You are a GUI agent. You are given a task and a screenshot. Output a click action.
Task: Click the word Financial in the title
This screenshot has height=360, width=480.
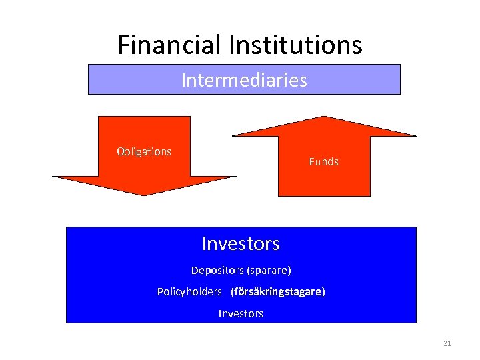(170, 45)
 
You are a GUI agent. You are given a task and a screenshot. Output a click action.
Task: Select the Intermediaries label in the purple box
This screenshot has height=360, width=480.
(244, 81)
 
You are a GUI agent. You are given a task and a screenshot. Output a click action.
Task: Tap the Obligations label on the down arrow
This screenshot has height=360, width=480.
(144, 151)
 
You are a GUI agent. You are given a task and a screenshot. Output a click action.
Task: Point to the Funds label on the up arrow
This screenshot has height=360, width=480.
(324, 161)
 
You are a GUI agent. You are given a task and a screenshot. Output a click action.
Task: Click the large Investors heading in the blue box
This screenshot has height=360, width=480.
(241, 243)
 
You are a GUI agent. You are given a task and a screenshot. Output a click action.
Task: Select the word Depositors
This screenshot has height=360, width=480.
(217, 271)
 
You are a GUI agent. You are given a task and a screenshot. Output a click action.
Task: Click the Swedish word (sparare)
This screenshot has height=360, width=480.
(269, 271)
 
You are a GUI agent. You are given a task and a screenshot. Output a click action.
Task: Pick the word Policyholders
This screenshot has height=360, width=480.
(189, 292)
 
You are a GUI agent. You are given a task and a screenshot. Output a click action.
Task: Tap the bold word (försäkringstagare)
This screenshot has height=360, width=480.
(278, 292)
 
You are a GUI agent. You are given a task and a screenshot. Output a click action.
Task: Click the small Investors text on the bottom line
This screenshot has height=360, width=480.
(241, 313)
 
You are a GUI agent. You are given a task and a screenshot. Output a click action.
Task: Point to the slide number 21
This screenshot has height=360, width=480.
(447, 343)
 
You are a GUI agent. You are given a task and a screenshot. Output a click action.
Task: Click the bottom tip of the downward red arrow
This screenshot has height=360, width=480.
(144, 195)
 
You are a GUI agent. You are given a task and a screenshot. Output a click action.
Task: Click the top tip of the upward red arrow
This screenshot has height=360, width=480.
(324, 117)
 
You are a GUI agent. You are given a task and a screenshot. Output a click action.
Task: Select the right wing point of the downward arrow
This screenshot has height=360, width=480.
(235, 177)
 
